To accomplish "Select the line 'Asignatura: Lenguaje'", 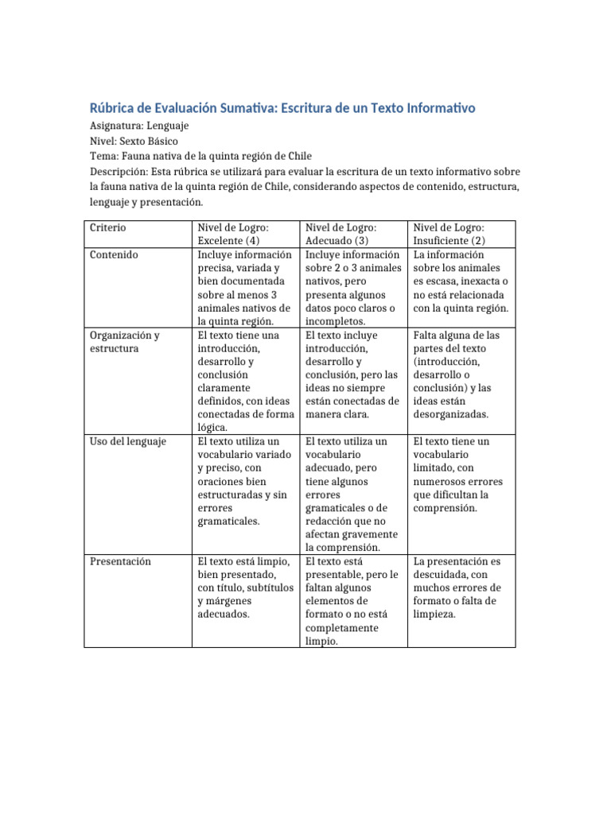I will click(138, 126).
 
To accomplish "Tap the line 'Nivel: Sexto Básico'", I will click(133, 141).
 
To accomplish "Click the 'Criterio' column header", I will click(107, 227).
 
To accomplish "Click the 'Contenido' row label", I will click(114, 254).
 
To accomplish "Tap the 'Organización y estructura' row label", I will click(124, 342).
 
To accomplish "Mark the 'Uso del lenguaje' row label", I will click(127, 441).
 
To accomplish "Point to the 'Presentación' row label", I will click(121, 561).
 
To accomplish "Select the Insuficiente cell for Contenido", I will click(461, 281).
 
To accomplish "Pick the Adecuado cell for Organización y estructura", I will click(352, 374).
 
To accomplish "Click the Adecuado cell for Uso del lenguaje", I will click(352, 494).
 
